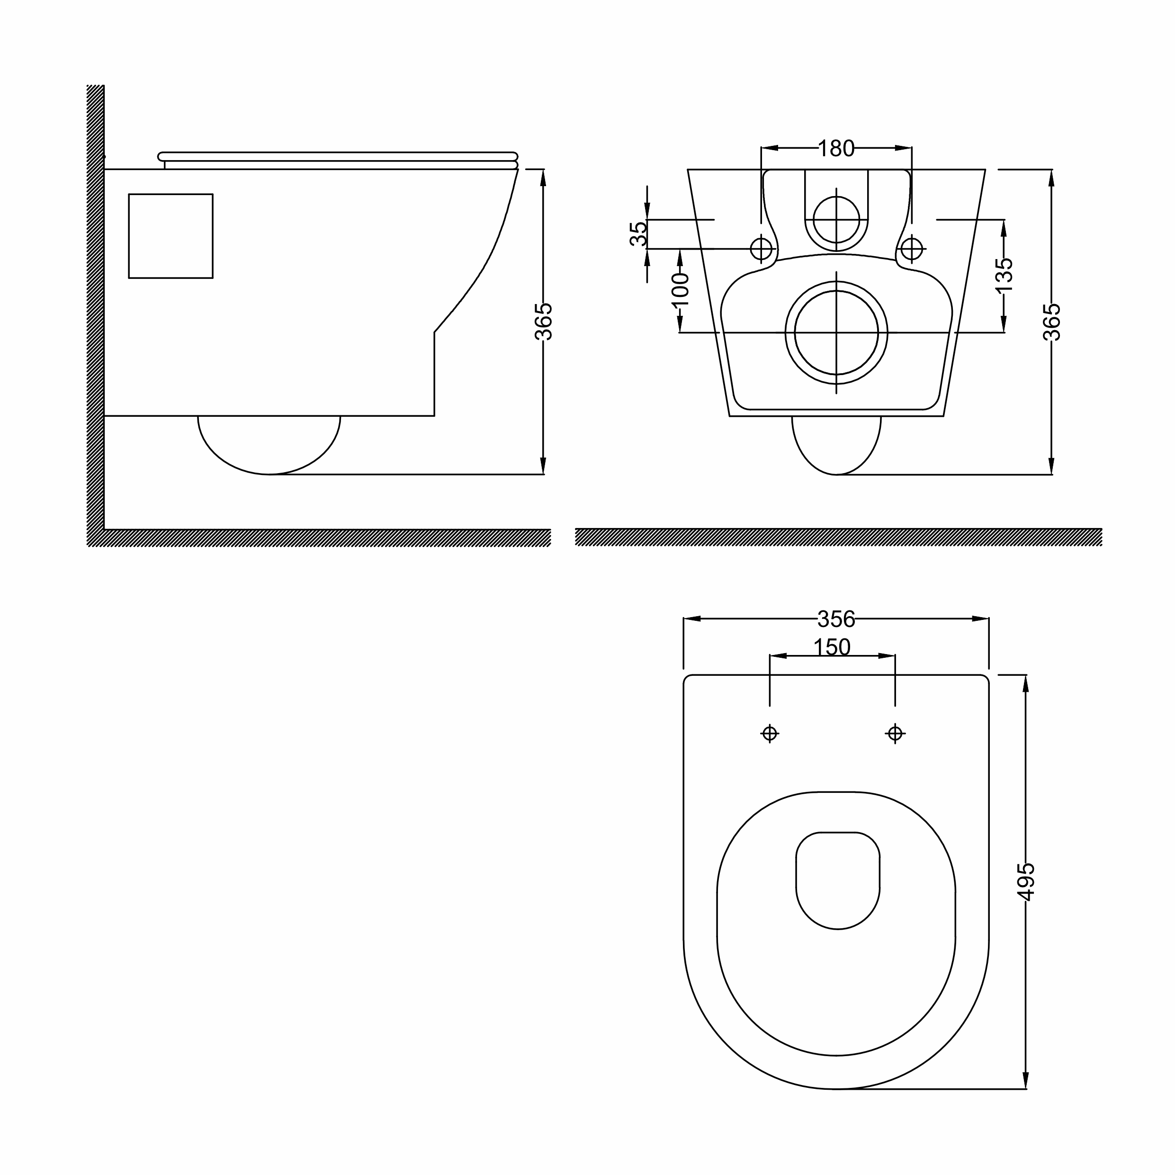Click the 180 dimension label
836,148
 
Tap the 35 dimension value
638,234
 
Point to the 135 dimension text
1005,275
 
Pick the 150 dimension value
832,647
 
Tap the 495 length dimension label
1026,882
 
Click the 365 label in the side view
543,322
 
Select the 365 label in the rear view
1051,322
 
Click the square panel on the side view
171,236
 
